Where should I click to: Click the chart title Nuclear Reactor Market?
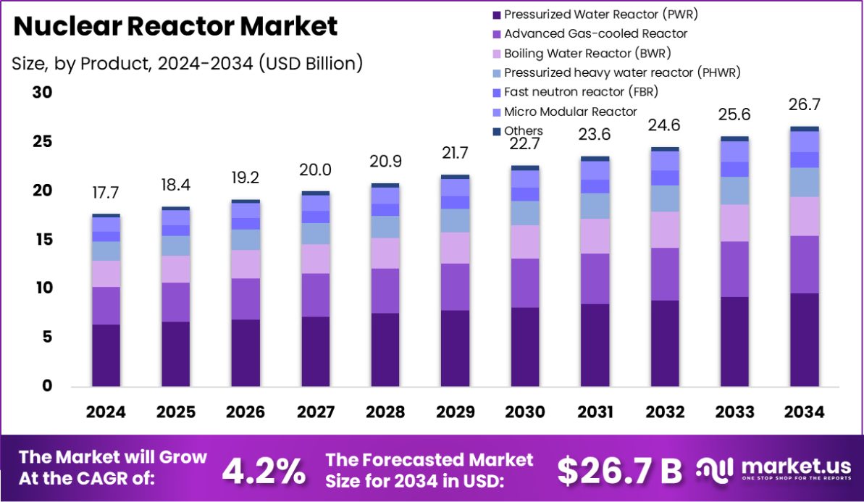pos(175,27)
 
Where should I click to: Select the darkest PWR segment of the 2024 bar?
pos(106,355)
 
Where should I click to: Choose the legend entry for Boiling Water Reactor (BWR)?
pos(587,53)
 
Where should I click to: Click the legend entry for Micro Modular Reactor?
pos(570,112)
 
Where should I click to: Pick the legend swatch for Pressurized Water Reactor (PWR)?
pos(496,14)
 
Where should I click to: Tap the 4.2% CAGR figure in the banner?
pos(263,471)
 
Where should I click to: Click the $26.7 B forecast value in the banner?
pos(619,471)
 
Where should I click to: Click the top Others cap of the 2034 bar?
pos(805,129)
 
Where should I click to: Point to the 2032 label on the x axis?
pos(665,412)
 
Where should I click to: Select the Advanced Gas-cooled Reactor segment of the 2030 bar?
pos(525,283)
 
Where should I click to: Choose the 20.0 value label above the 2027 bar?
pos(316,170)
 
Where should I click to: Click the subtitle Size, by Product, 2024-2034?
pos(187,63)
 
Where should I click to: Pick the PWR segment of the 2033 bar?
pos(734,340)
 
